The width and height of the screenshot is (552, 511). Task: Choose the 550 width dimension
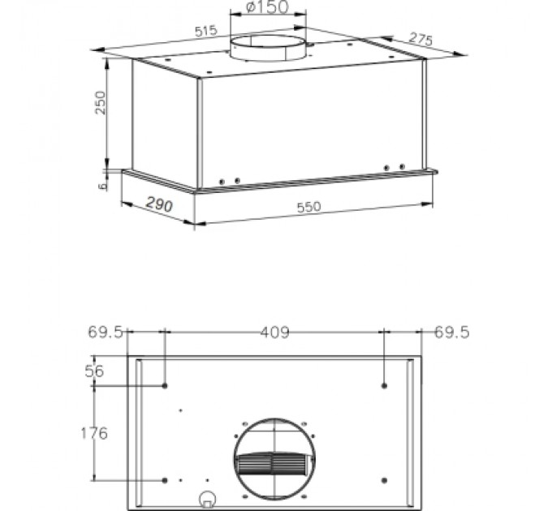[x=308, y=207]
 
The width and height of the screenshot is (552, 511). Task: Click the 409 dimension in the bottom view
[x=274, y=332]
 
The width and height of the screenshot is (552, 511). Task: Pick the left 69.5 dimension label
[x=105, y=332]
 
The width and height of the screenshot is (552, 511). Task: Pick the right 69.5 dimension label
[x=452, y=332]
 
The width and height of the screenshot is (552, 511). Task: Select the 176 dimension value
[x=93, y=433]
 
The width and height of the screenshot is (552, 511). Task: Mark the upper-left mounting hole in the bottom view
[x=166, y=384]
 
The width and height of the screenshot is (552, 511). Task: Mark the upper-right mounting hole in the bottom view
[x=384, y=384]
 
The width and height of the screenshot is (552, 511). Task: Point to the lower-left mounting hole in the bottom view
[x=166, y=479]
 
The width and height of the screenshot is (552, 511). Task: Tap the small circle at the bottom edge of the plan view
[x=208, y=500]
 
